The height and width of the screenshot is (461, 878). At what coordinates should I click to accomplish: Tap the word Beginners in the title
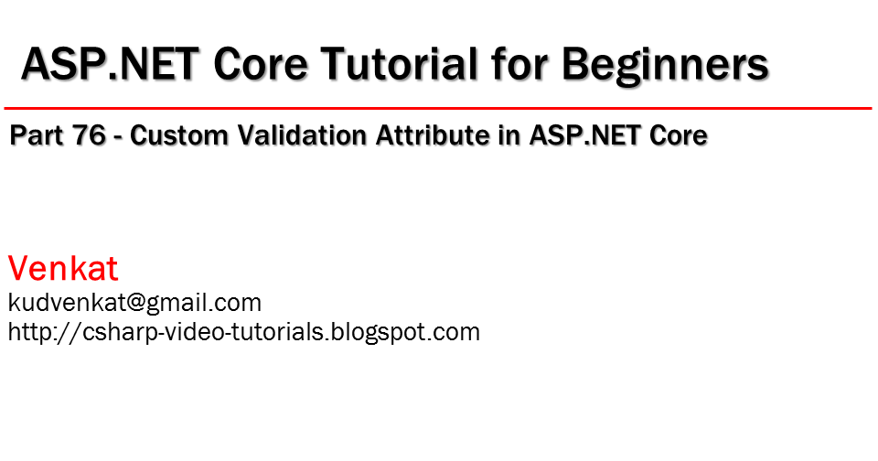tap(664, 64)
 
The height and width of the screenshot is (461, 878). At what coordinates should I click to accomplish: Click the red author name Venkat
tap(63, 269)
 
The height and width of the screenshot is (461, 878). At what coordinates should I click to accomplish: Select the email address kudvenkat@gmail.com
tap(134, 303)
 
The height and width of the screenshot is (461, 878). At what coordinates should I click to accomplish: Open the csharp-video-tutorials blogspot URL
tap(244, 331)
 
